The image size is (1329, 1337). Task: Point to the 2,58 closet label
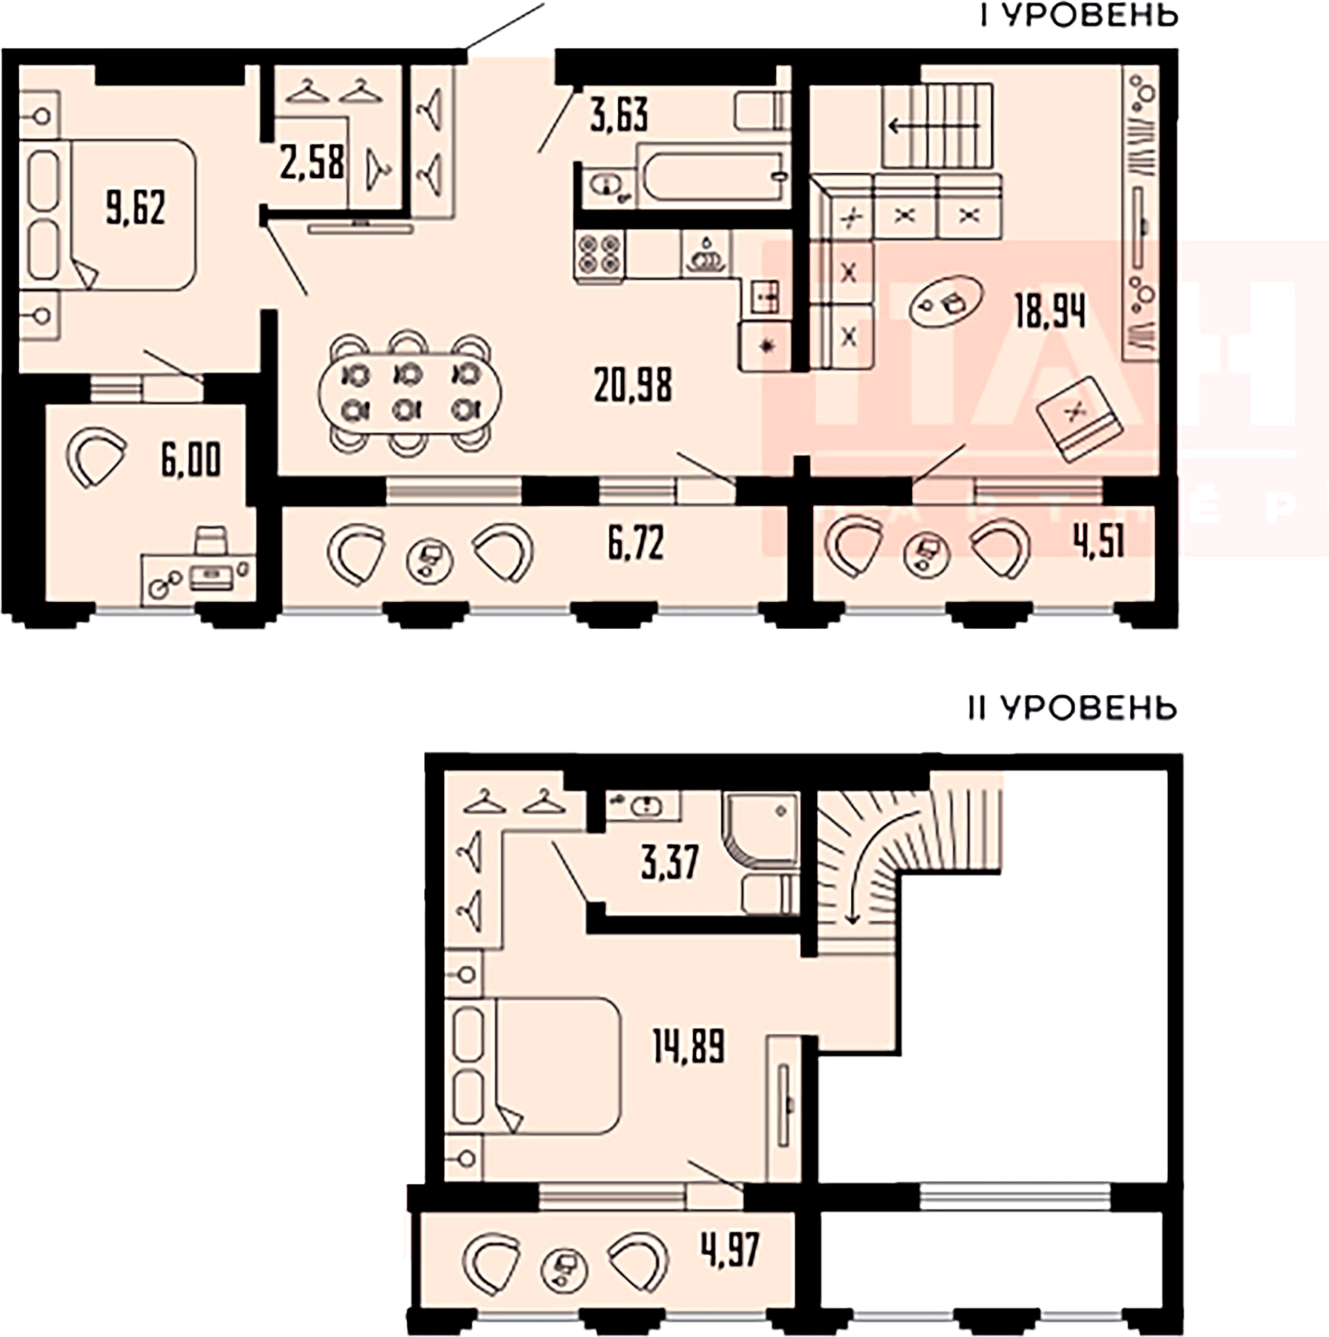click(312, 164)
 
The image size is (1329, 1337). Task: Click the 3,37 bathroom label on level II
click(669, 863)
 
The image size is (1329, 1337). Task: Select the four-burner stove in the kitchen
click(599, 255)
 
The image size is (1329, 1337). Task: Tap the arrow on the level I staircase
click(934, 126)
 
